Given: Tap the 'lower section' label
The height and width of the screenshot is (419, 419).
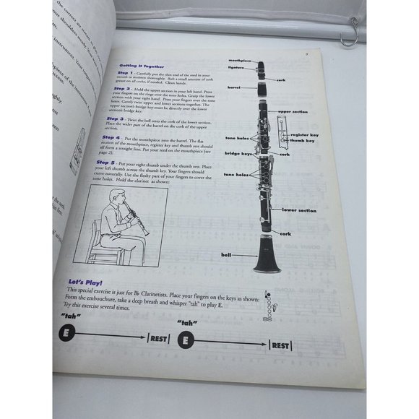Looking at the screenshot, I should coord(299,210).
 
